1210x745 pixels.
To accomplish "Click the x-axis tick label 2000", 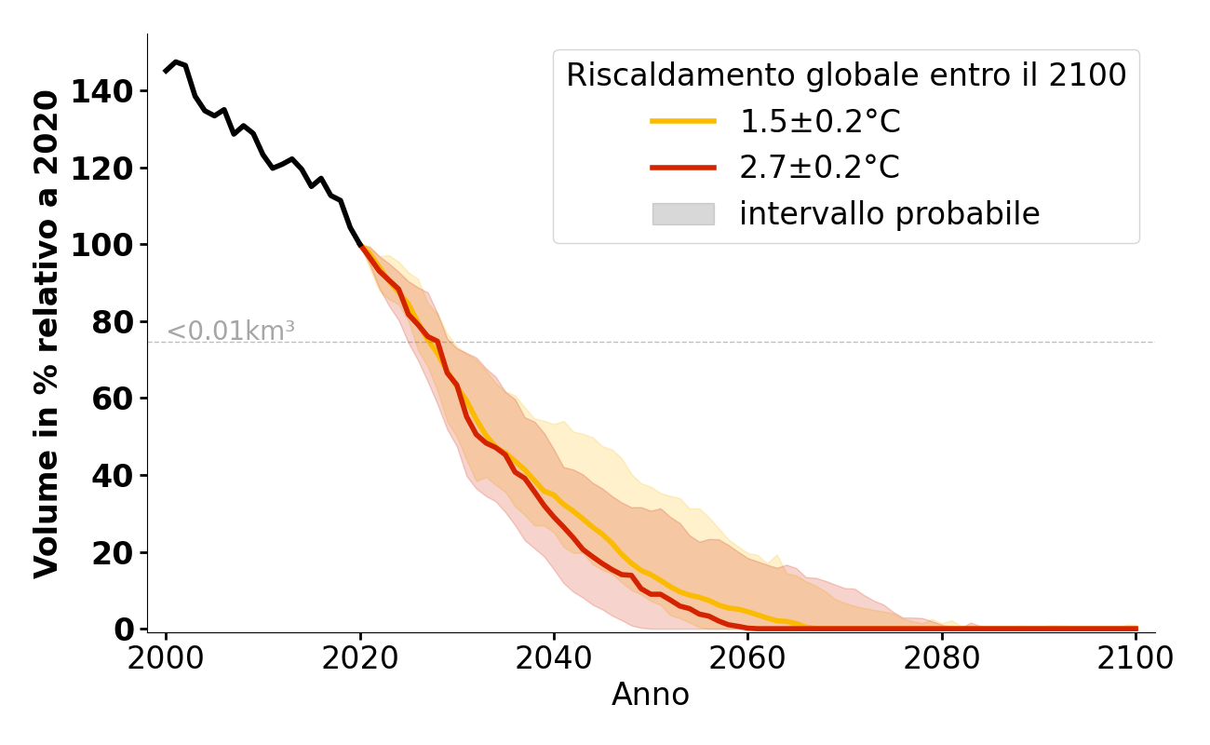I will (166, 658).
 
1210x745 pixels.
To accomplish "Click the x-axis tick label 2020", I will (360, 658).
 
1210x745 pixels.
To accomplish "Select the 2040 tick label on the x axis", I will (554, 658).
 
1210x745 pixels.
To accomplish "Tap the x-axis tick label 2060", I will (748, 658).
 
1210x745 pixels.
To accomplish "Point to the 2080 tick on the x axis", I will (942, 658).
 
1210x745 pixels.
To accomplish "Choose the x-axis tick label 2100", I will (1136, 658).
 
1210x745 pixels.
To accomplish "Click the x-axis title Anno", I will (651, 695).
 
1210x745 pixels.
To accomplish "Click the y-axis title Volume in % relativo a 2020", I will (47, 333).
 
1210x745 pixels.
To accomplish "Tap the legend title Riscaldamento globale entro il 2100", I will (846, 75).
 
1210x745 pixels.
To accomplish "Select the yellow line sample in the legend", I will (683, 121).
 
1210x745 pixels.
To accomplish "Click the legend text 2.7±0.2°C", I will (819, 168).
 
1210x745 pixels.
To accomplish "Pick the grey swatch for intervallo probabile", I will (683, 214).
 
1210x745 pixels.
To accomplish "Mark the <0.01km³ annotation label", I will (231, 331).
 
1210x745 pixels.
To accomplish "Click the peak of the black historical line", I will (176, 62).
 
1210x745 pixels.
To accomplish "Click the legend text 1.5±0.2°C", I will (819, 121).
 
